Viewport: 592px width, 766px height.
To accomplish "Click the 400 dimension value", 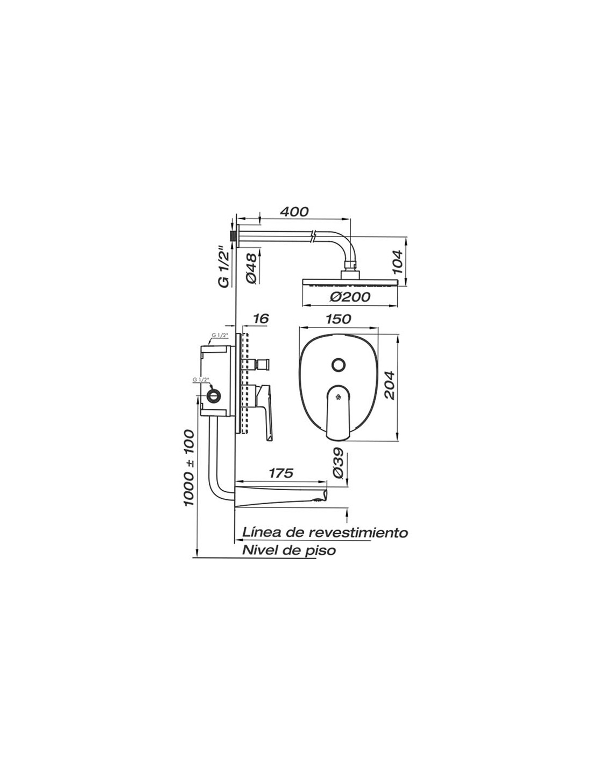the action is (x=294, y=212).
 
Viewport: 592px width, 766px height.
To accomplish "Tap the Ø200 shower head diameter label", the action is (x=350, y=297).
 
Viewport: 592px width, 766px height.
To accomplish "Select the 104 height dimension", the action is (x=397, y=262).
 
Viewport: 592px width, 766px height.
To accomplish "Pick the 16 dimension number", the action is (x=261, y=319).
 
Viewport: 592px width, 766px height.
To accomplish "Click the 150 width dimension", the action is (x=337, y=319).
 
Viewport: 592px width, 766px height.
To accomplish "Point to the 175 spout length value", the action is (x=281, y=473).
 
